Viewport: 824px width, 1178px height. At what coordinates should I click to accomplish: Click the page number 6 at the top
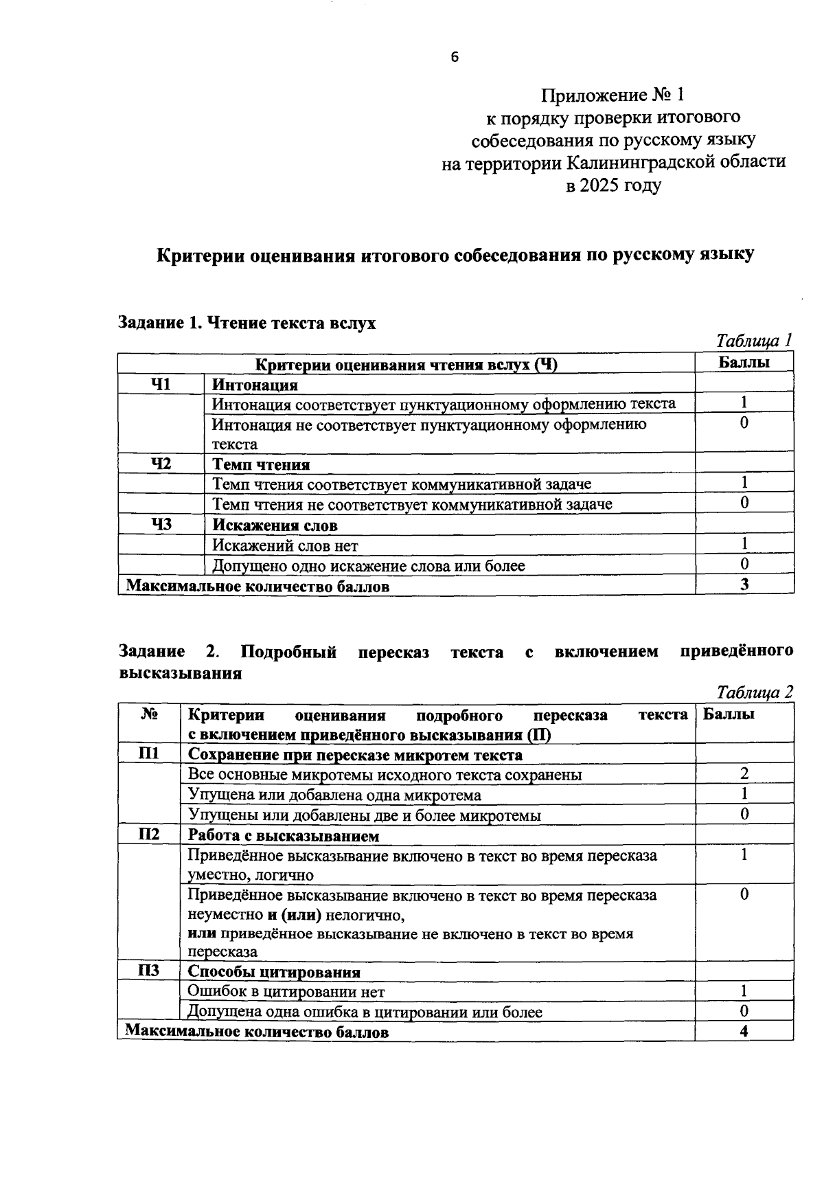[454, 58]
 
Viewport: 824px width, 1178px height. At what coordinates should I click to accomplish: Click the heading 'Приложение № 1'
[613, 95]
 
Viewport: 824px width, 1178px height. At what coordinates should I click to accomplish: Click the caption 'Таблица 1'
[754, 340]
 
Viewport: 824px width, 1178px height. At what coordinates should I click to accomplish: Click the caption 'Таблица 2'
[754, 692]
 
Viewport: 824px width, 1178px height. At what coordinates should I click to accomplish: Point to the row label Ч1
[161, 384]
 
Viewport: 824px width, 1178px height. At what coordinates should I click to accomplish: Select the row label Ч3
[161, 525]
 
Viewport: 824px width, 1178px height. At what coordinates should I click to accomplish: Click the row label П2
[148, 835]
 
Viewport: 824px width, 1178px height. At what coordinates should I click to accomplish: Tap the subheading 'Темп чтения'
[261, 465]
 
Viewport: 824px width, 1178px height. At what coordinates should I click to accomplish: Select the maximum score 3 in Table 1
[744, 585]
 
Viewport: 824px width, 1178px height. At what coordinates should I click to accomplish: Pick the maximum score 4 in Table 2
[744, 1031]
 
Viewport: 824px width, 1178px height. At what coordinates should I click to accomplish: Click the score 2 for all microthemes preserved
[744, 774]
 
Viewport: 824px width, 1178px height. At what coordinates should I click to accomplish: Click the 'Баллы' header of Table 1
[744, 363]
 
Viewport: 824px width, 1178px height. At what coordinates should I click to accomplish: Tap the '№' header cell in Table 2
[148, 714]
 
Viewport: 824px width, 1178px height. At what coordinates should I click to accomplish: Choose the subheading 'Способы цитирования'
[274, 972]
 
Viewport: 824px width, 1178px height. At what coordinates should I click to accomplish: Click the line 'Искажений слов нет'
[285, 546]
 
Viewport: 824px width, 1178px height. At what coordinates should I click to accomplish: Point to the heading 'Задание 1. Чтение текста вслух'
[247, 323]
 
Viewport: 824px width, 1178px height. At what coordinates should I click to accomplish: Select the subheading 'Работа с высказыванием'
[284, 836]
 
